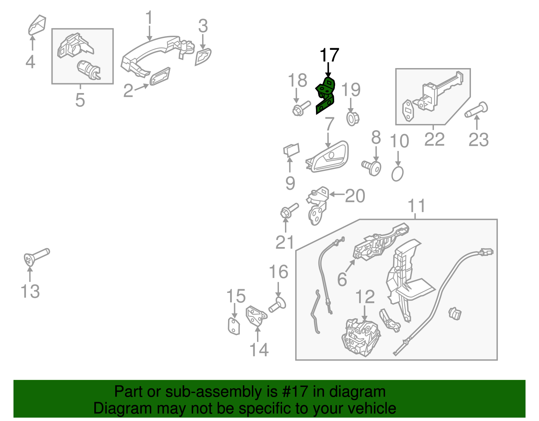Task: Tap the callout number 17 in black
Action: (x=329, y=55)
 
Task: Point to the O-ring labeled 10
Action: (x=398, y=174)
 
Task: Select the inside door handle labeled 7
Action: (x=328, y=158)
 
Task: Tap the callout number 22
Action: (x=434, y=139)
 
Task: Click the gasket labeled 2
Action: (x=160, y=77)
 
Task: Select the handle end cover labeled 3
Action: (x=203, y=57)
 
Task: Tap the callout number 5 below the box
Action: (x=80, y=100)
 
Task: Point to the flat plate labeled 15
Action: (x=233, y=326)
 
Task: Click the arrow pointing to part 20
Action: (x=336, y=194)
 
